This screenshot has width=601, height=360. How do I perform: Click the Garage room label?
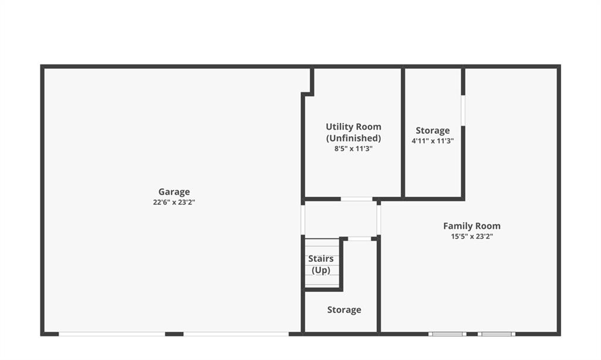point(174,191)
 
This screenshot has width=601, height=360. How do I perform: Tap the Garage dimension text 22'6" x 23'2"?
point(174,202)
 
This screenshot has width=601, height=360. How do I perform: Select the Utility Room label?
point(353,127)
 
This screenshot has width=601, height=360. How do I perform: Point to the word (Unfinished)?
point(353,138)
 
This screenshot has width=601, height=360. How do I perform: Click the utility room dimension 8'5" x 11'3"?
point(353,149)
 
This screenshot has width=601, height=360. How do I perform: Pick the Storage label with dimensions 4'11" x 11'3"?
point(433,130)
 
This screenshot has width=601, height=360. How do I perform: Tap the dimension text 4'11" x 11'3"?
point(433,141)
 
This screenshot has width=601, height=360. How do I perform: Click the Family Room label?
point(472,226)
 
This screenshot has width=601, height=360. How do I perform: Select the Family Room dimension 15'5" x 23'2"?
point(472,236)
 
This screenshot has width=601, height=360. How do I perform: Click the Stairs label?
point(321,258)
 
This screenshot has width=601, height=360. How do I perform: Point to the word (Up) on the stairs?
point(321,270)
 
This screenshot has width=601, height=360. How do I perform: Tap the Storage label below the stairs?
point(344,309)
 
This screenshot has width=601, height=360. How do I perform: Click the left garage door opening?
point(112,334)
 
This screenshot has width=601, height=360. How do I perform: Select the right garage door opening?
point(236,334)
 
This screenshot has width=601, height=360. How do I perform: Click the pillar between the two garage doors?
point(174,334)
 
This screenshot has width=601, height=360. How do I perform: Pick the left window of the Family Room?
point(447,334)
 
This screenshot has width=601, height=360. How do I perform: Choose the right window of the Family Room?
point(497,334)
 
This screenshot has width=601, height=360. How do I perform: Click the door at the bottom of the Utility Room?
point(356,199)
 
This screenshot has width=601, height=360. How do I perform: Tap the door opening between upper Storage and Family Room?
point(463,110)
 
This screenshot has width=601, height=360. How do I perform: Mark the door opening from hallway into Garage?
point(303,220)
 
